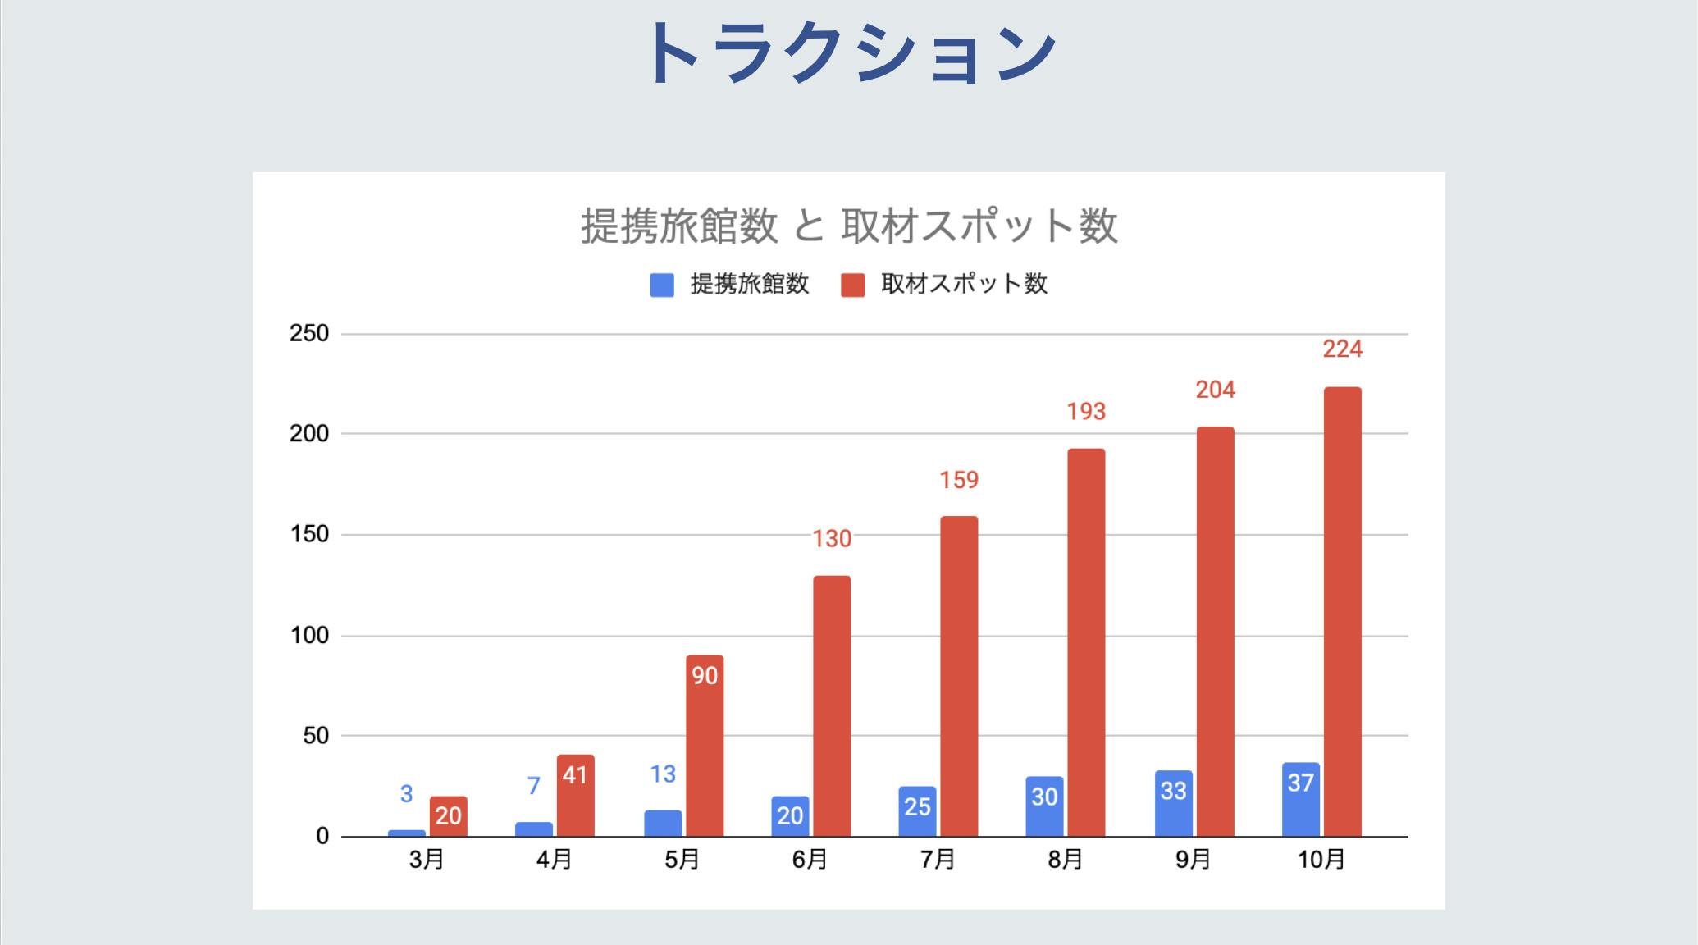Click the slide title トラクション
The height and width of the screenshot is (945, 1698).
pos(850,52)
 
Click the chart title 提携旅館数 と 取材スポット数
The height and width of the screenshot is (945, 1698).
pos(849,226)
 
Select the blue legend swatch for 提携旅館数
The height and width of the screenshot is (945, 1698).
pos(662,285)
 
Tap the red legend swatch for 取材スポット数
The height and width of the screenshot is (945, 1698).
pos(853,285)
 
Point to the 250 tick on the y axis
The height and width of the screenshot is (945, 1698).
pos(309,334)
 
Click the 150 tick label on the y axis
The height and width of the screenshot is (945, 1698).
pos(309,535)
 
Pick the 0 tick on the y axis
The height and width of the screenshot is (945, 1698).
pos(322,837)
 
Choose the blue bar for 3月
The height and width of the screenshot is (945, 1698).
pos(406,833)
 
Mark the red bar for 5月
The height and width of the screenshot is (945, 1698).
pos(705,746)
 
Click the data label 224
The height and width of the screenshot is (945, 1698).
pos(1342,349)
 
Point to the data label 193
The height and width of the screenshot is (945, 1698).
pos(1086,412)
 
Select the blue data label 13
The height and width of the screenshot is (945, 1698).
pos(663,774)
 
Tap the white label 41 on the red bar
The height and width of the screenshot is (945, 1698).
pos(575,775)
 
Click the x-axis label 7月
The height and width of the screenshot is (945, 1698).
pos(938,860)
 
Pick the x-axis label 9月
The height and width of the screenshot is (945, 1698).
pos(1193,860)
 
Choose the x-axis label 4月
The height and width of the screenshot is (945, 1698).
pos(554,860)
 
